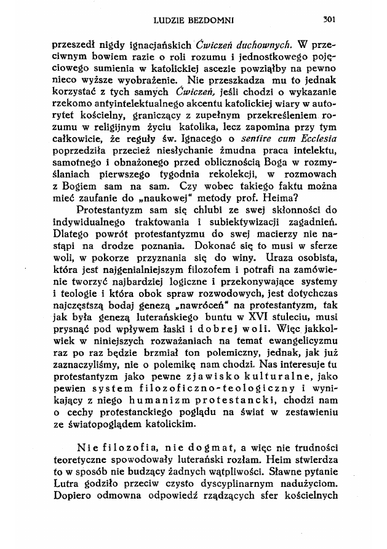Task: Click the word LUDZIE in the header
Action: click(169, 20)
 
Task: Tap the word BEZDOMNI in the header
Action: click(212, 20)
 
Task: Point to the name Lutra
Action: click(68, 490)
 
